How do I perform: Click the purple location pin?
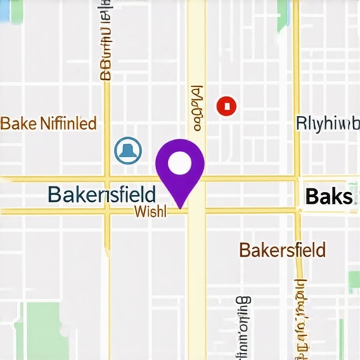click(180, 169)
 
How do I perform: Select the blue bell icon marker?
click(128, 150)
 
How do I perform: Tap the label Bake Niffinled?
click(48, 124)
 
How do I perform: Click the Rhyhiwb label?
click(323, 122)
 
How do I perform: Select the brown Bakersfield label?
click(282, 250)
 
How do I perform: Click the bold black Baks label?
click(328, 197)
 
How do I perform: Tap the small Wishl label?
click(150, 212)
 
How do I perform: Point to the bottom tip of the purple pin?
click(181, 207)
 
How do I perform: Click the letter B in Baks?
click(311, 197)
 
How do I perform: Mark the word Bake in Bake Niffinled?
click(18, 124)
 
